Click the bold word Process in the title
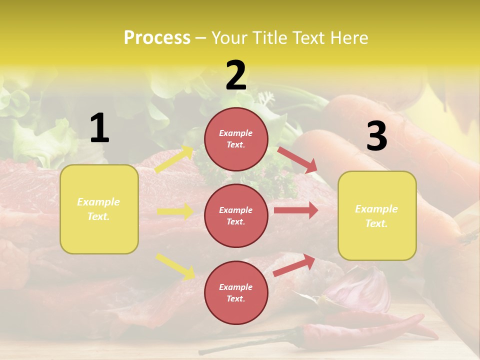click(x=157, y=38)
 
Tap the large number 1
click(x=99, y=128)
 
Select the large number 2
click(x=236, y=75)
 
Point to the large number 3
click(x=376, y=136)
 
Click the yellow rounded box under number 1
click(x=99, y=209)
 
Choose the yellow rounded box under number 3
click(x=377, y=215)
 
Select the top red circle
click(x=236, y=139)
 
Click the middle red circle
click(x=236, y=215)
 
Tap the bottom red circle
click(x=236, y=292)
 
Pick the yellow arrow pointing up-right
click(x=174, y=159)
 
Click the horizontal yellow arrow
click(x=175, y=211)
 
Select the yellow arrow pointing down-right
click(x=175, y=266)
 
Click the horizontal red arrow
click(x=296, y=210)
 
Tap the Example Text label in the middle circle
click(x=236, y=215)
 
